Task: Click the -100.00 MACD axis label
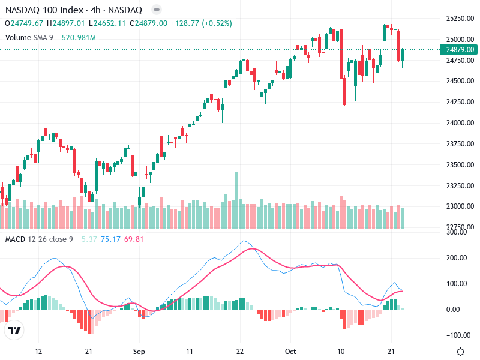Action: [x=459, y=335]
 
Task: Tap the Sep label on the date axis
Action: [x=139, y=352]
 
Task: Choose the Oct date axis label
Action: [x=291, y=352]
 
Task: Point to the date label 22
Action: [x=240, y=352]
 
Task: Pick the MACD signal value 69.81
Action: [x=135, y=239]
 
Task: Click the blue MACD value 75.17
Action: [x=111, y=239]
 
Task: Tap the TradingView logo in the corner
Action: [x=14, y=330]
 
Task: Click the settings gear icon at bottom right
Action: [x=460, y=352]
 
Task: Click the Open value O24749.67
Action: [x=24, y=23]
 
